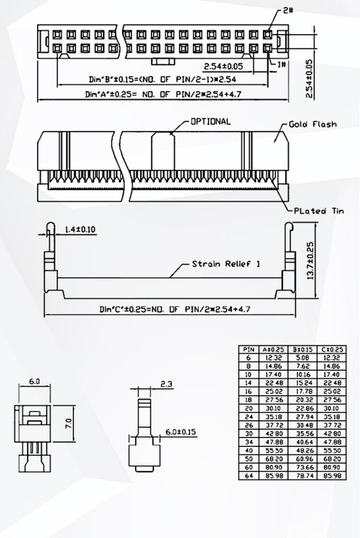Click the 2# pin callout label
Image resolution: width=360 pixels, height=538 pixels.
coord(288,10)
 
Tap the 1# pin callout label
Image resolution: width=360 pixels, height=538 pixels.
coord(281,64)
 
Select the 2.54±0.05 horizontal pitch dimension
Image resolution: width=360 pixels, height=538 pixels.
coord(223,66)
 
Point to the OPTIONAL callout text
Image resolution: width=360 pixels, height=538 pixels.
coord(211,122)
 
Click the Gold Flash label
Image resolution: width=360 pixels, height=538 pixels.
coord(312,124)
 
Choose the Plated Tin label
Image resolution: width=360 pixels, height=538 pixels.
coord(319,211)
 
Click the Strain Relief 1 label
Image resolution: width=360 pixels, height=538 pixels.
coord(226,264)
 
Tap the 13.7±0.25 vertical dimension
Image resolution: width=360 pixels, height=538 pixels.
coord(310,261)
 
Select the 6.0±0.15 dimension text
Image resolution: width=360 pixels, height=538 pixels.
coord(180,431)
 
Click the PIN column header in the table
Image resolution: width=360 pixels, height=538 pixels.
coord(249,349)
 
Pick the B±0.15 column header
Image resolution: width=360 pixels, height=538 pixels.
coord(303,349)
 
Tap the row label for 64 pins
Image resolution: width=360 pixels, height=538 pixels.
coord(249,476)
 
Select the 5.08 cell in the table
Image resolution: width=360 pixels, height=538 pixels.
coord(303,358)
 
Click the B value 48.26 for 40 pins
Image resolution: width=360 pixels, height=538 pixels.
coord(303,451)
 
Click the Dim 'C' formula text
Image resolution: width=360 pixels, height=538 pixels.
coord(175,309)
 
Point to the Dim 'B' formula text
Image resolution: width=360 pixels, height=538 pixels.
coord(163,79)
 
